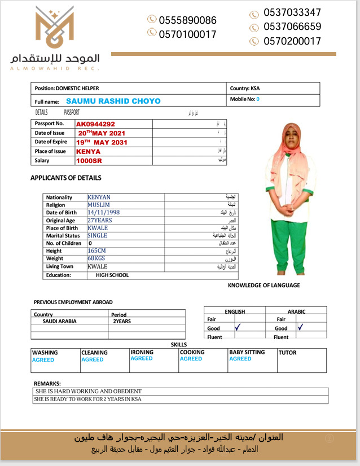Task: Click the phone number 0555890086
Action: coord(187,20)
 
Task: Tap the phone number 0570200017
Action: coord(292,41)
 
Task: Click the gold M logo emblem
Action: coord(54,29)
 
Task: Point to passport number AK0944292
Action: coord(95,124)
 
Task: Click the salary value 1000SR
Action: coord(89,160)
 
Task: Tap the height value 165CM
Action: coord(97,250)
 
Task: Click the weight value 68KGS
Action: coord(96,258)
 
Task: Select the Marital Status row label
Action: coord(63,236)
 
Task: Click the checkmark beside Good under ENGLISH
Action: coord(238,327)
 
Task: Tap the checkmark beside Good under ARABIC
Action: coord(301,327)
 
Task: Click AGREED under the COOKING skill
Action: coord(191,359)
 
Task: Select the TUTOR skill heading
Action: coord(288,353)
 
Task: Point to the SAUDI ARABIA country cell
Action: coord(60,321)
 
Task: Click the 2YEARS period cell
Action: coord(122,321)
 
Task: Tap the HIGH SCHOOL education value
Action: coord(112,275)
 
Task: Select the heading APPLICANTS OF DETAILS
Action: coord(66,178)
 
